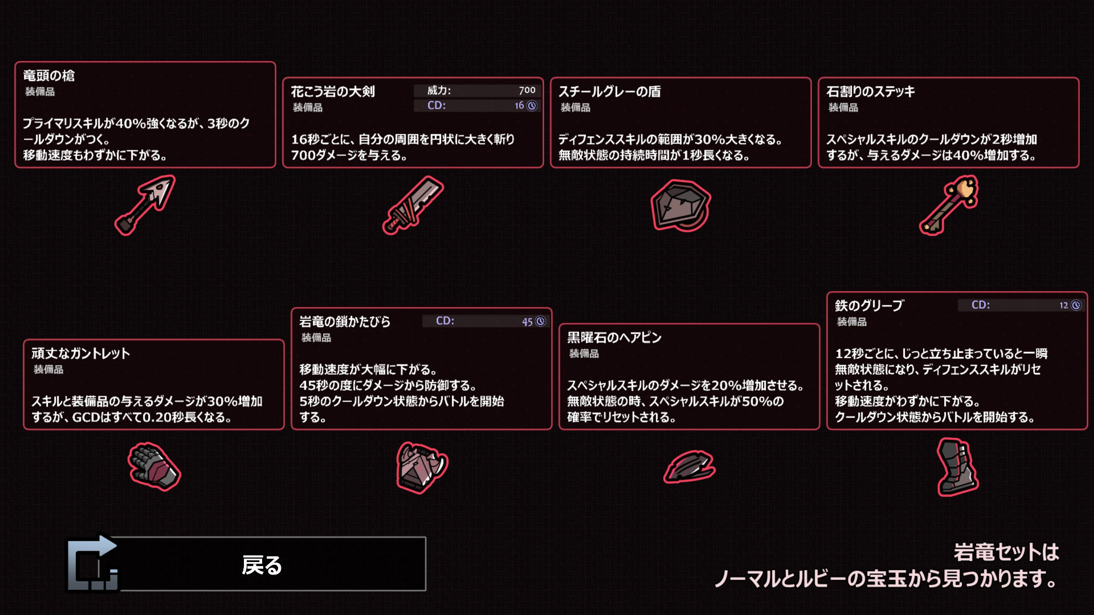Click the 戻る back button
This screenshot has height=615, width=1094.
(x=262, y=564)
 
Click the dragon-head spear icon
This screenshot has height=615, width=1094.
(x=145, y=205)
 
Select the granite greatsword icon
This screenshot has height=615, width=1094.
(x=413, y=205)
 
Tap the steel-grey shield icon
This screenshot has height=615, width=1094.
(x=680, y=206)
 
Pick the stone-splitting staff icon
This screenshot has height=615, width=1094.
(x=949, y=205)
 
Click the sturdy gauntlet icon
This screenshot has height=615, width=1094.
(x=154, y=466)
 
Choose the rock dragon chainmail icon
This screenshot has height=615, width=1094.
(x=422, y=467)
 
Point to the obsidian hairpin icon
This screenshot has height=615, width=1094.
(x=689, y=466)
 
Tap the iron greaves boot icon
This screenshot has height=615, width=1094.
(x=957, y=467)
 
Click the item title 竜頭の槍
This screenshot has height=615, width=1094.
(x=49, y=76)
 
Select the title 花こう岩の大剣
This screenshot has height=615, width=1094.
(x=333, y=92)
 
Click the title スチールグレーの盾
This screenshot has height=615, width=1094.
(x=609, y=92)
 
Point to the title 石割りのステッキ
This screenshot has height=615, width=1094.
(x=870, y=92)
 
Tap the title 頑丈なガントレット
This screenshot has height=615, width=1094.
(x=80, y=354)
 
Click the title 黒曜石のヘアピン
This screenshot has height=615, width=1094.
(x=614, y=338)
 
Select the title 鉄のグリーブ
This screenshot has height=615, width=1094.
(x=869, y=306)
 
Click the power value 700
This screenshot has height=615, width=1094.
(x=527, y=90)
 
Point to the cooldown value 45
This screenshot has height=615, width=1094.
(x=527, y=322)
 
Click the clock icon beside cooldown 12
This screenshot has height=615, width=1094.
(x=1076, y=305)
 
